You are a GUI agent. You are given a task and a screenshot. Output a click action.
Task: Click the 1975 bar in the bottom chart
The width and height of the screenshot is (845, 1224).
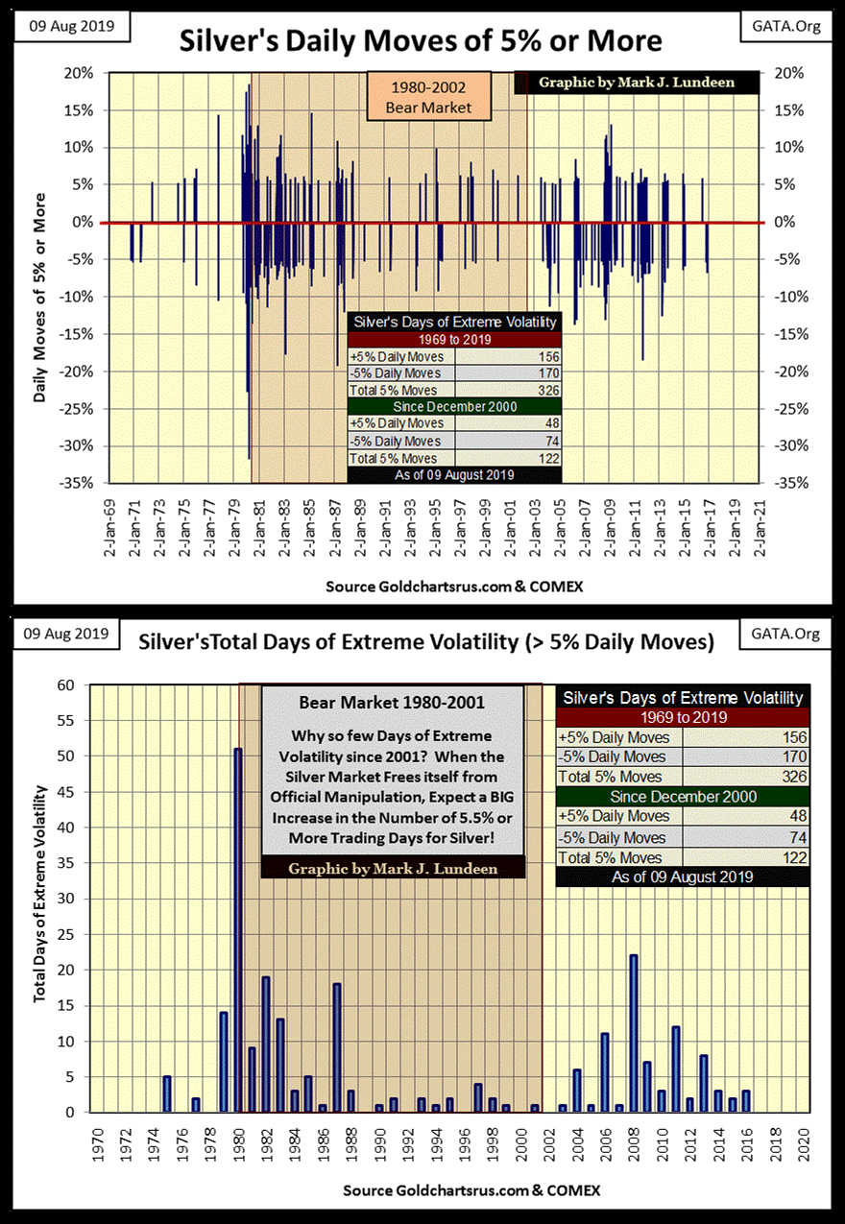click(166, 1093)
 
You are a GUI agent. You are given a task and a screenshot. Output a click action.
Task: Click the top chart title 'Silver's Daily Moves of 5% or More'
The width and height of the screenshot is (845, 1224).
click(421, 40)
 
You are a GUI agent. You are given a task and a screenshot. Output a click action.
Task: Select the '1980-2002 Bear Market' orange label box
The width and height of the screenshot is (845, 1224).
click(428, 98)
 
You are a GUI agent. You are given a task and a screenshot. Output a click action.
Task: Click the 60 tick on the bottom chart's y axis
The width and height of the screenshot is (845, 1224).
click(65, 685)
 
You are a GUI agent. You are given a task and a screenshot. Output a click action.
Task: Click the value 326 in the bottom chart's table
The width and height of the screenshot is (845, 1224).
click(792, 776)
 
